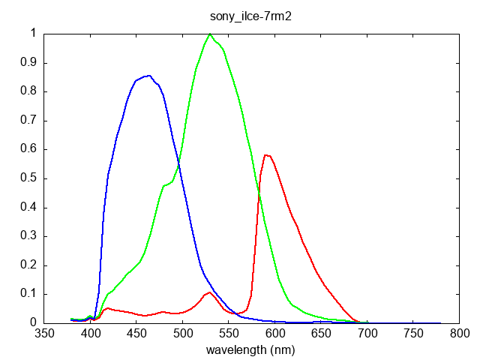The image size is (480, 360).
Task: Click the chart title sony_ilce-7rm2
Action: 250,16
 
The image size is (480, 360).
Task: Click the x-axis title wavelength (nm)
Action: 250,349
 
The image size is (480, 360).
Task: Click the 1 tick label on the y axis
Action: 33,33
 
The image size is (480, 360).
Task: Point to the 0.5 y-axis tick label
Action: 28,178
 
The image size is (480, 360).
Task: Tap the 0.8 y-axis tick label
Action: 28,91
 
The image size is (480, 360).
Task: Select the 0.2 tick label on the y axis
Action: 28,265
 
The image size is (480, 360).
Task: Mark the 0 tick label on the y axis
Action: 33,323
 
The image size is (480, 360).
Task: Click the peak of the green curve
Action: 210,34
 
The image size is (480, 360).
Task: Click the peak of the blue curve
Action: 149,76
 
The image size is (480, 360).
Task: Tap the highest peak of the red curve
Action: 266,155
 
